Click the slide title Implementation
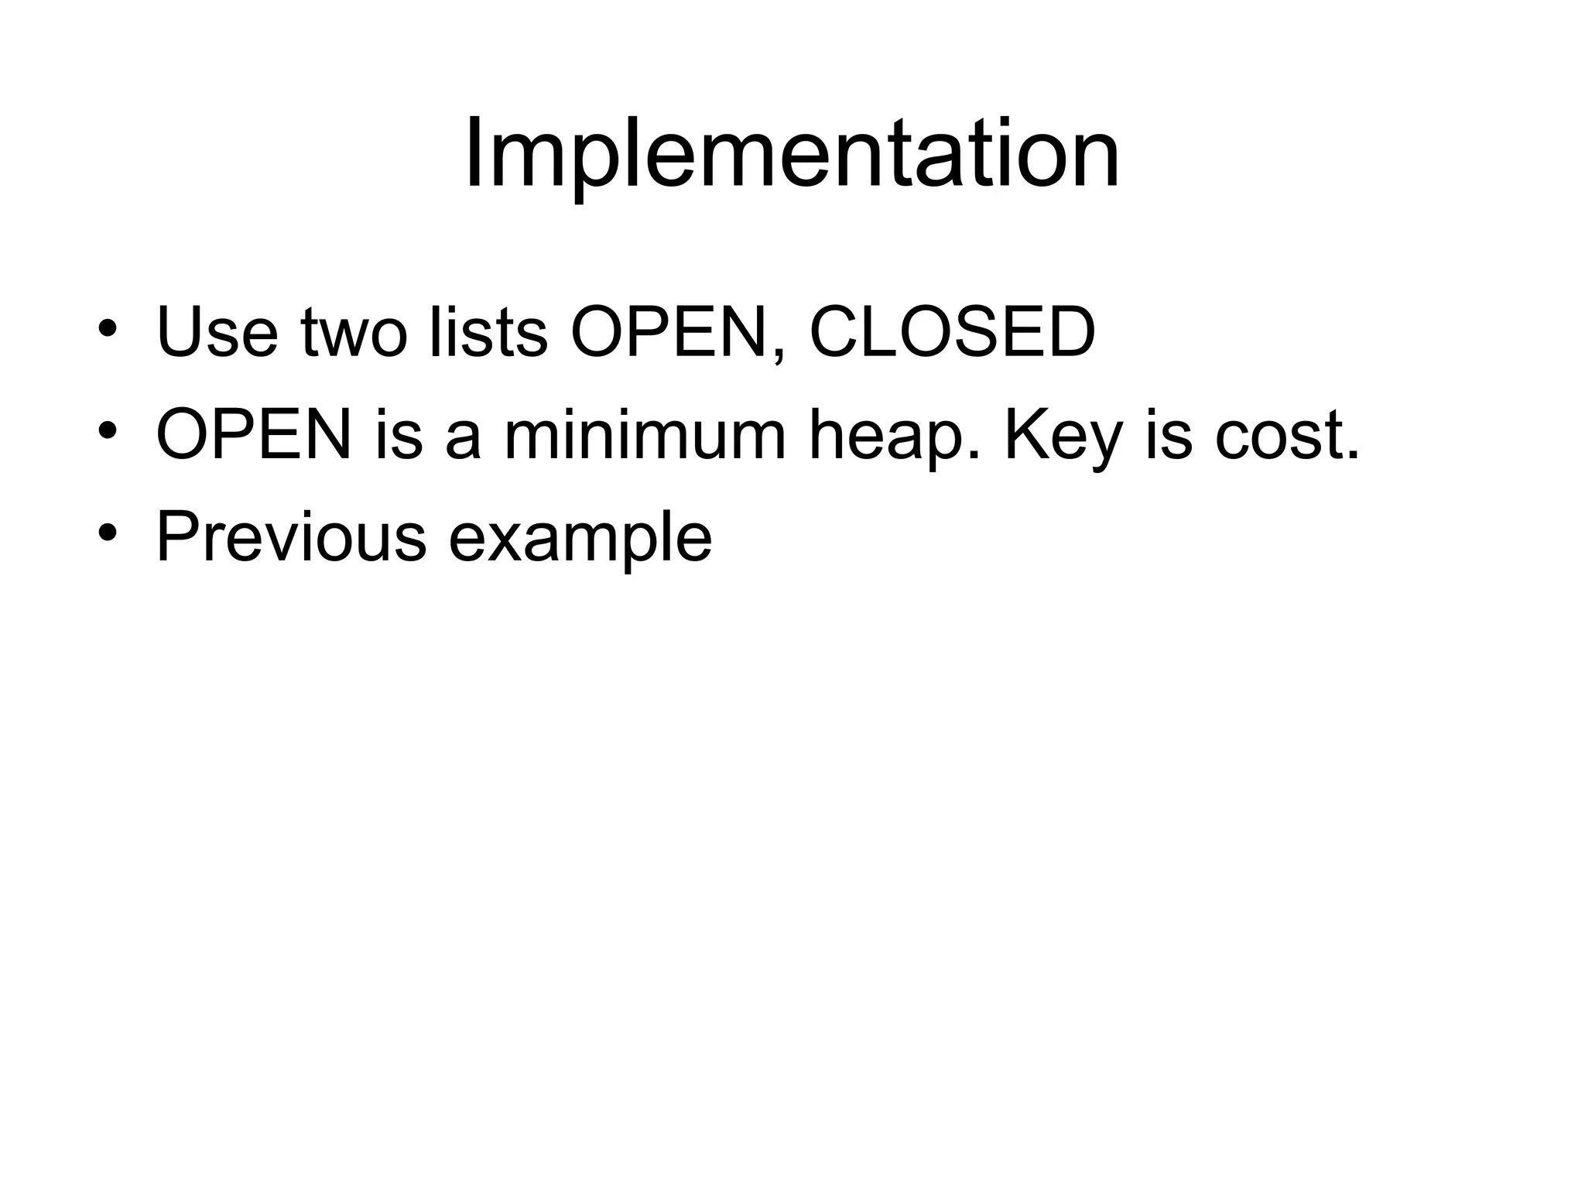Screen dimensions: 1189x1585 pyautogui.click(x=792, y=155)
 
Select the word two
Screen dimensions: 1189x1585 pyautogui.click(x=354, y=334)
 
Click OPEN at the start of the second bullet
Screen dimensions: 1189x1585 pyautogui.click(x=254, y=435)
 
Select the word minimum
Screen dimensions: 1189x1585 pyautogui.click(x=645, y=435)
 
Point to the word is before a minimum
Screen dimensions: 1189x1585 pyautogui.click(x=399, y=435)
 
